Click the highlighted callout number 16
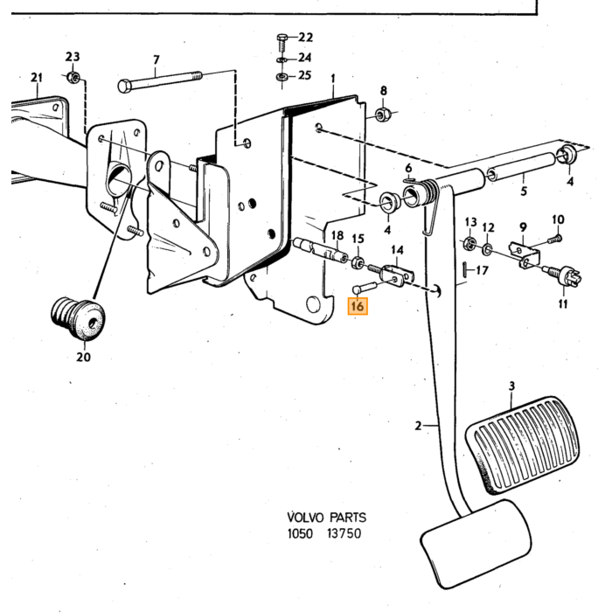(x=358, y=306)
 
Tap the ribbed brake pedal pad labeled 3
(x=523, y=445)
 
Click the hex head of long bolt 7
(x=124, y=86)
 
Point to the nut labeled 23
(x=73, y=77)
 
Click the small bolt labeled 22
(x=282, y=42)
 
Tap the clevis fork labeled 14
(x=397, y=275)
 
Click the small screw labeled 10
(x=554, y=239)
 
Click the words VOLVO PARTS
(x=327, y=518)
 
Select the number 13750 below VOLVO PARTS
(x=344, y=533)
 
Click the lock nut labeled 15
(x=358, y=262)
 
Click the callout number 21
(x=37, y=78)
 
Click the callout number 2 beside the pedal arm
(x=418, y=426)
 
